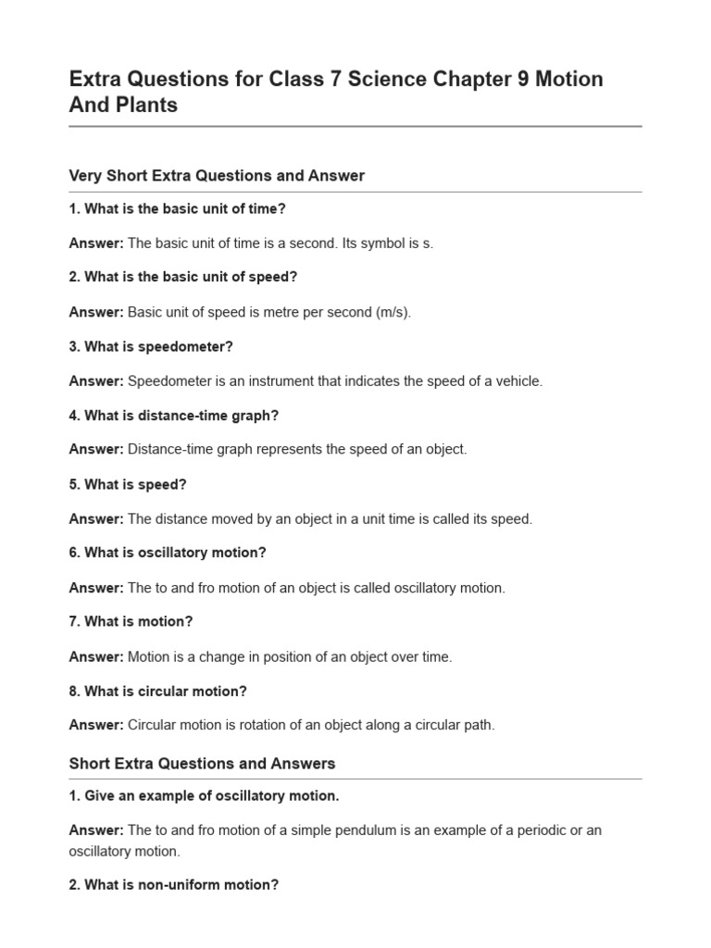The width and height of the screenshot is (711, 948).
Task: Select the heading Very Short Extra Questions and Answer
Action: pos(217,175)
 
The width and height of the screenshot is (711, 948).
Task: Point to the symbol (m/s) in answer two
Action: pos(393,312)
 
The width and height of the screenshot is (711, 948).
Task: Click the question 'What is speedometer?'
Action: pos(151,346)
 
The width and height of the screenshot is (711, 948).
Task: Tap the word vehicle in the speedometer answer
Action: pos(518,380)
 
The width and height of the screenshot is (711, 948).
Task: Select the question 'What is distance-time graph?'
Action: pos(173,416)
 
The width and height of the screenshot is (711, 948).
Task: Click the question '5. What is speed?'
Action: pos(128,484)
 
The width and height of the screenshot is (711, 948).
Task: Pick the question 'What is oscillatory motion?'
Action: pos(168,553)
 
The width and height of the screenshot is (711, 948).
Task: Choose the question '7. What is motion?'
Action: pos(131,621)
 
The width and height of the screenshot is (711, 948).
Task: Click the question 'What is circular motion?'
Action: pos(158,691)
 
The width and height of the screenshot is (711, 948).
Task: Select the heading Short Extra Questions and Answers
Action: pos(202,764)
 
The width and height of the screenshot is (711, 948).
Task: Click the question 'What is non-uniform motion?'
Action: pos(174,884)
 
